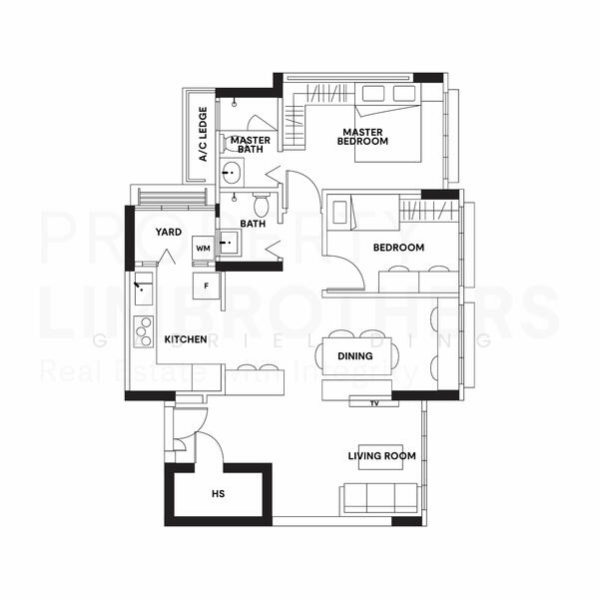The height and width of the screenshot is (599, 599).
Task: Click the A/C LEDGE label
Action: click(203, 135)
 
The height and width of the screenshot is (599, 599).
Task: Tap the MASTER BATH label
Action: click(246, 144)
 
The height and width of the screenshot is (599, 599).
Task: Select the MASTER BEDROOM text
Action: click(362, 137)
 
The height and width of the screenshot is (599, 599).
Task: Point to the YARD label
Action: click(168, 233)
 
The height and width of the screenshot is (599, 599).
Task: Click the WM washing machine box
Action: click(203, 248)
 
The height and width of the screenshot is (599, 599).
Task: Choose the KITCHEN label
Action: click(185, 340)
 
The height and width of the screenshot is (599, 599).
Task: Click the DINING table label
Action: click(355, 356)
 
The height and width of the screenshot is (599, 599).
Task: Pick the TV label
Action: click(374, 403)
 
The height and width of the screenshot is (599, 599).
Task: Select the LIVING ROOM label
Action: click(381, 456)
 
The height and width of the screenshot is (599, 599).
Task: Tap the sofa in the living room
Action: click(379, 496)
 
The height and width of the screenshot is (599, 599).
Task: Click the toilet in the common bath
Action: click(261, 206)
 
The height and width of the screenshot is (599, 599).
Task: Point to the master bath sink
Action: click(233, 174)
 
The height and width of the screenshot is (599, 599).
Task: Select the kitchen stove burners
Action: click(143, 329)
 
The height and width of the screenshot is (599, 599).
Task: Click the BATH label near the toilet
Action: click(253, 225)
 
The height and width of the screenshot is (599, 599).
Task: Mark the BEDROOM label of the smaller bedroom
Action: click(398, 248)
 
